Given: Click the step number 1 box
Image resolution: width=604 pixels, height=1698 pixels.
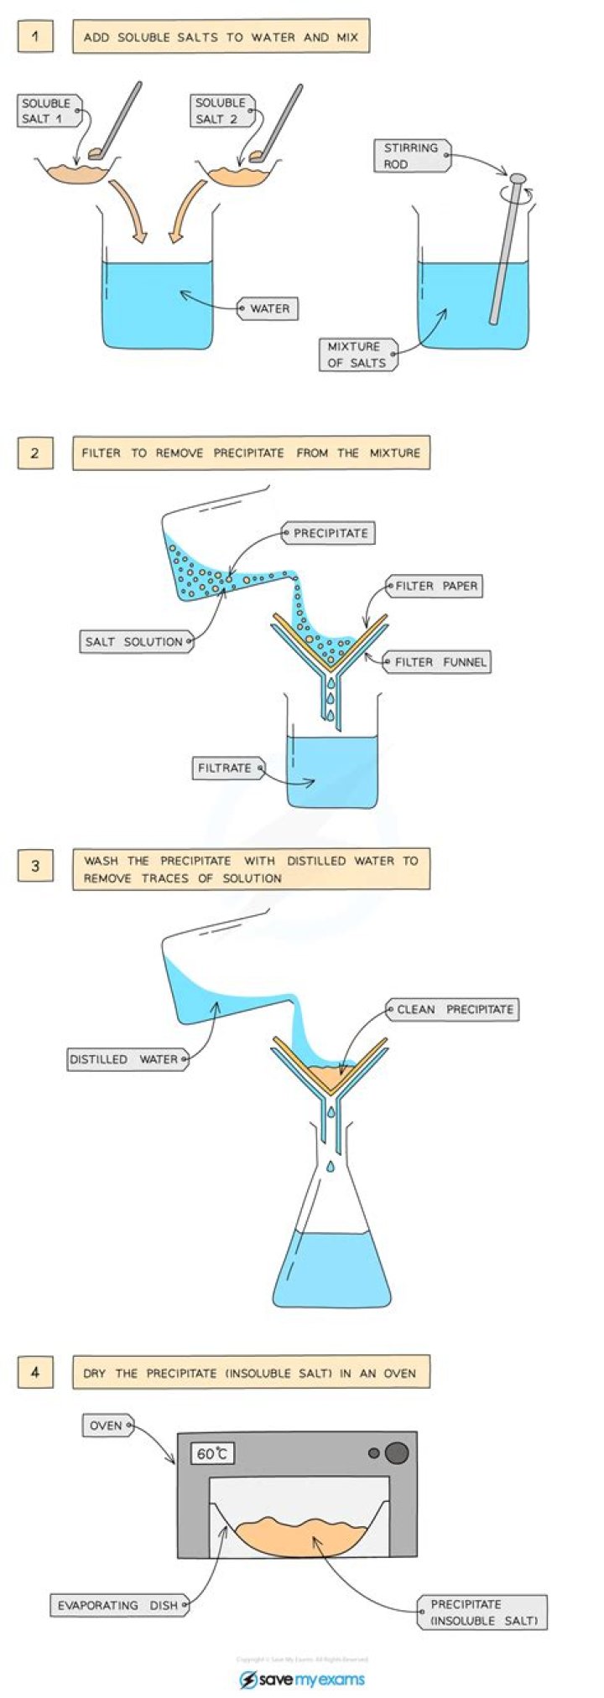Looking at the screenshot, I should pos(35,37).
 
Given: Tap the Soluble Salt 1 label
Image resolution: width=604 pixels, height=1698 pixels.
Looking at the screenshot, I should pos(48,111).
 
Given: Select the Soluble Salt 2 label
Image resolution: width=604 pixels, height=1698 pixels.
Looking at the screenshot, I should pos(221,111).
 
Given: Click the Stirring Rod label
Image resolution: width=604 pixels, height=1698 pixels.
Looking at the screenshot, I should pos(410,156).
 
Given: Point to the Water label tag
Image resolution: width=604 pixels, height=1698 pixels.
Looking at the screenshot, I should pos(268,308).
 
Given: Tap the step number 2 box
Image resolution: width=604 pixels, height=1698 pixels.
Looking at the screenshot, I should pos(35,453).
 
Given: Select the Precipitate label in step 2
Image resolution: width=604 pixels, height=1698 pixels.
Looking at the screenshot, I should pos(330,533).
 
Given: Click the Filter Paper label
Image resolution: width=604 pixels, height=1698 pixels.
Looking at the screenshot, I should pos(435,586).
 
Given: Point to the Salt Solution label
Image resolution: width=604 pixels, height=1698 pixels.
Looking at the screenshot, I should pos(134,641).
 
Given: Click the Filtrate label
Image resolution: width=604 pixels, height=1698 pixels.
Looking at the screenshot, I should pos(225,767).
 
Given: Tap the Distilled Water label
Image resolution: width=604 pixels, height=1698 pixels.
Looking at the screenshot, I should pos(124,1059).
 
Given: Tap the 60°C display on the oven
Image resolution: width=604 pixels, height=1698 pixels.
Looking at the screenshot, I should pos(212,1453).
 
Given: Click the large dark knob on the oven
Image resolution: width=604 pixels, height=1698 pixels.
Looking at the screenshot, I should pos(397,1452).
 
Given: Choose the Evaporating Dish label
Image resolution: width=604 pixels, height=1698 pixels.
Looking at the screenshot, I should pos(117,1605).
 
